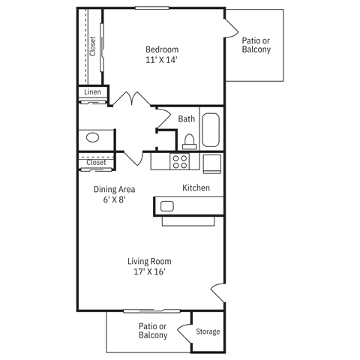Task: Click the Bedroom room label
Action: tap(162, 50)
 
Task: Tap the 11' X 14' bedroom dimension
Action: tap(162, 61)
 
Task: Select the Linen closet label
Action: tap(92, 92)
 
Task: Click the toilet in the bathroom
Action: tap(189, 141)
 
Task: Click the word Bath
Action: tap(187, 118)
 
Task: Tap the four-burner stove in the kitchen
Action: tap(180, 161)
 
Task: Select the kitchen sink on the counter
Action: tap(167, 206)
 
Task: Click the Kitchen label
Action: tap(196, 187)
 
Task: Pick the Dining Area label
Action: tap(114, 190)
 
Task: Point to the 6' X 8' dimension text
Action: tap(114, 200)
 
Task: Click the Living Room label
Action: tap(150, 261)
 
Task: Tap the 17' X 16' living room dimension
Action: tap(150, 271)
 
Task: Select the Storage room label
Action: tap(208, 331)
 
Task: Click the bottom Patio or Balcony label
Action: tap(153, 331)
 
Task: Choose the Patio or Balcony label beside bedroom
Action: tap(256, 45)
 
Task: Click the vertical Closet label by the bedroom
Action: tap(92, 46)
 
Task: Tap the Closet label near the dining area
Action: tap(96, 162)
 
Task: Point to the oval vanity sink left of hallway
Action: tap(92, 138)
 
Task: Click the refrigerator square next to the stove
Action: tap(212, 163)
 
